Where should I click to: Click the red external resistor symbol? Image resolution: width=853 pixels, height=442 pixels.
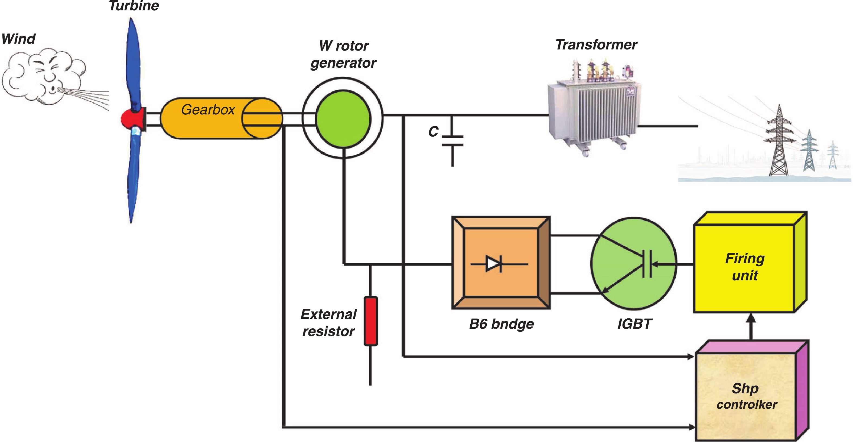(370, 321)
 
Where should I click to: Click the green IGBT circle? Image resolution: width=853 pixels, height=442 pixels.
(633, 264)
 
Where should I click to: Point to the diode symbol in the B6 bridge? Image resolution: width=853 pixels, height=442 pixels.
(494, 264)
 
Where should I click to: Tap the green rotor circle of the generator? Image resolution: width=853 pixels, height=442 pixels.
(343, 118)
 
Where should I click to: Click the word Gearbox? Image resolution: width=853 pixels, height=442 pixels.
(208, 110)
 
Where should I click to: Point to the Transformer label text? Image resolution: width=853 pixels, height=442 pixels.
(596, 45)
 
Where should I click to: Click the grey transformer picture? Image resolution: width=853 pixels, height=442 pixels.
(594, 109)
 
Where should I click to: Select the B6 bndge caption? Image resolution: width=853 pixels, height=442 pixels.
(501, 324)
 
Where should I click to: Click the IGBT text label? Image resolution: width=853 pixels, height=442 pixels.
(634, 324)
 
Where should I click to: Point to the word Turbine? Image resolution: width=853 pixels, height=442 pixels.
(134, 6)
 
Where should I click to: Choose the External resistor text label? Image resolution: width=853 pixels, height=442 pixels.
(328, 322)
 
